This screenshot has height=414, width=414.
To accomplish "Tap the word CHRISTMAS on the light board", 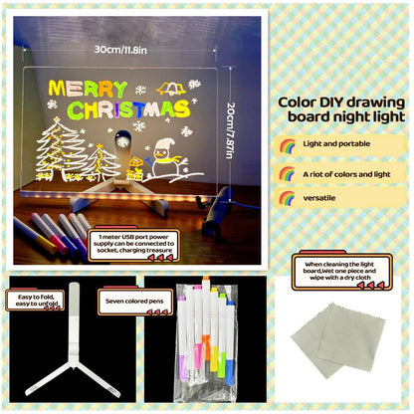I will (120, 107).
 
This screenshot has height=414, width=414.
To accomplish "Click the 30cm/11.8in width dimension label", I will (117, 47).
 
